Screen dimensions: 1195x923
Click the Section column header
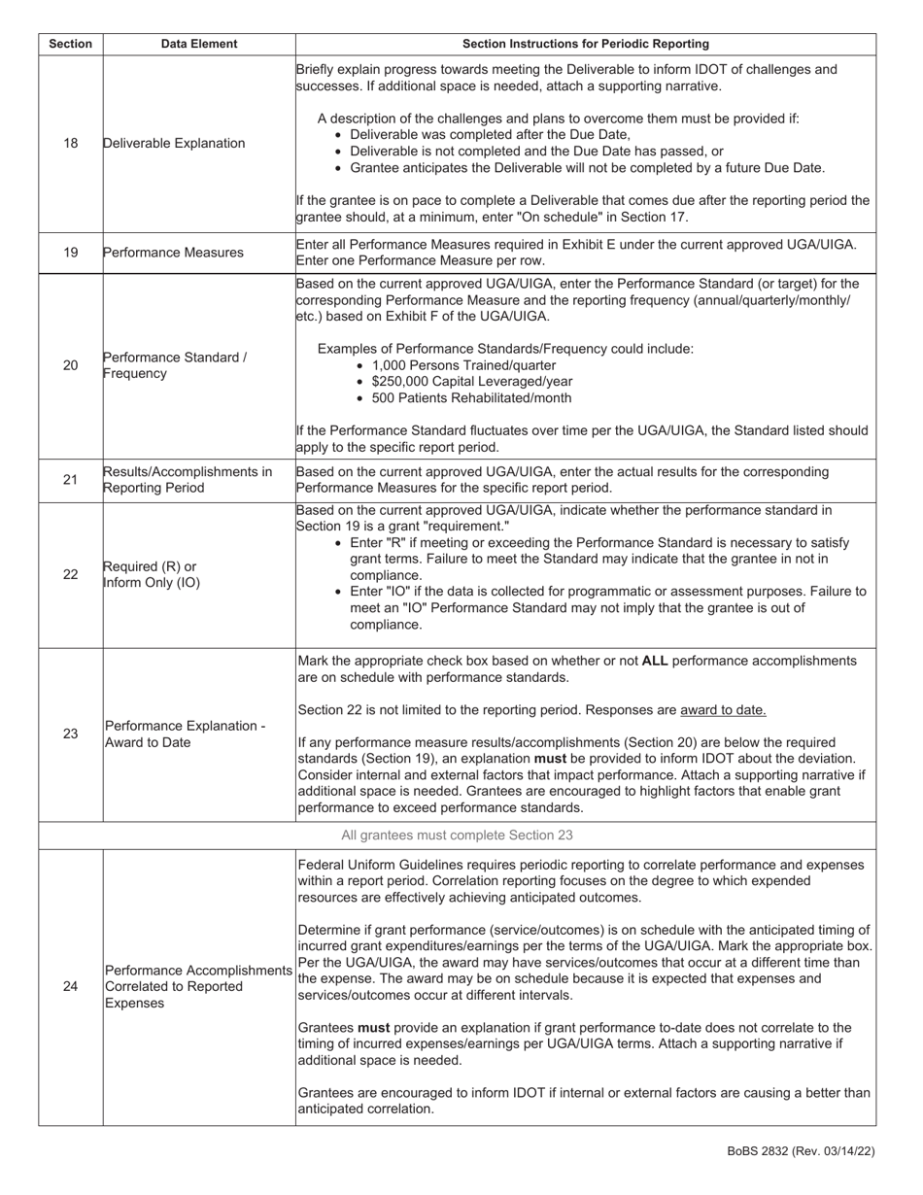[x=70, y=44]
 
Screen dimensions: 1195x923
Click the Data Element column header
[x=199, y=44]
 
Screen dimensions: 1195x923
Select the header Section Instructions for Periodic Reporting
[x=585, y=44]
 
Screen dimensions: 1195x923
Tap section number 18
[x=70, y=143]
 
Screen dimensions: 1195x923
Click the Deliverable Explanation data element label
[x=174, y=143]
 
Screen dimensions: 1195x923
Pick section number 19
[x=70, y=253]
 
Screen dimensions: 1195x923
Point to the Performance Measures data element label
[x=173, y=253]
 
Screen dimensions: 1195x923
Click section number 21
[x=70, y=480]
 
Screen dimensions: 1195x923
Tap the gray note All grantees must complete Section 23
[x=457, y=836]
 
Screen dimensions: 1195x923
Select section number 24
[x=70, y=986]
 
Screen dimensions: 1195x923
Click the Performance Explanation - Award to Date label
[x=185, y=734]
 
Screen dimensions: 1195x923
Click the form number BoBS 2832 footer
[x=801, y=1151]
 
